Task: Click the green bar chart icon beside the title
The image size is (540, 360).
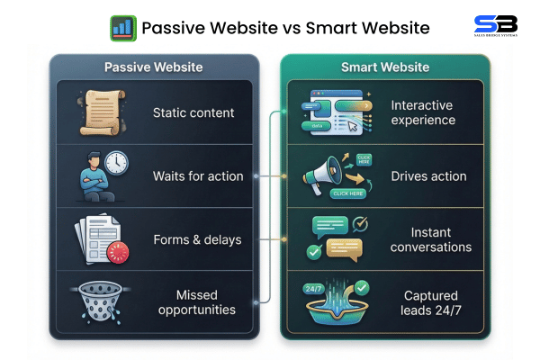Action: (123, 28)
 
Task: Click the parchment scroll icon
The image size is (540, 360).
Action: (97, 112)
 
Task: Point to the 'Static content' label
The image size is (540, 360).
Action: (193, 112)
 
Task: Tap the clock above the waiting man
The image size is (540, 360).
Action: (115, 163)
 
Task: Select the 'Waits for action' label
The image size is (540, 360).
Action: (197, 175)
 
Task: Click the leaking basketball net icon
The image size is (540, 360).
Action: (98, 302)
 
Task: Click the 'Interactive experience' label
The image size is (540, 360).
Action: (423, 112)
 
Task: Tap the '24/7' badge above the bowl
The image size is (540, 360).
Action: (313, 289)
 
